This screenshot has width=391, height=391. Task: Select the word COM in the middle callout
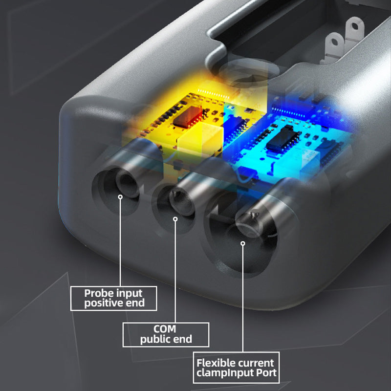point(165,329)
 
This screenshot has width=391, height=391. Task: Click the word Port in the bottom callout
point(266,373)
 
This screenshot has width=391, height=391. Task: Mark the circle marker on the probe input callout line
point(120,197)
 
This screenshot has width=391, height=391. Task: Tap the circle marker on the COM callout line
point(175,219)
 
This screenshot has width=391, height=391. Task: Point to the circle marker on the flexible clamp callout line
point(243,243)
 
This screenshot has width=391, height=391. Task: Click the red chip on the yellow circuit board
point(187,117)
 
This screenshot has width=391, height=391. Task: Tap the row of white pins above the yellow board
point(213,94)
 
